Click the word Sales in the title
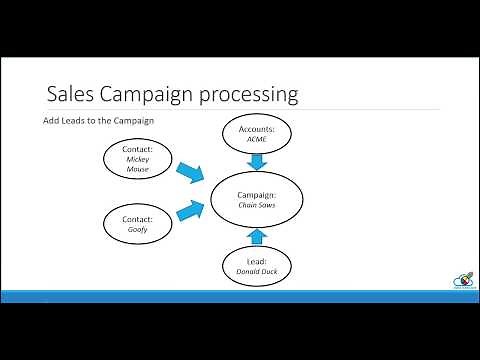tap(70, 95)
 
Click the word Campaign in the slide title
tap(143, 95)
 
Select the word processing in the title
tap(247, 96)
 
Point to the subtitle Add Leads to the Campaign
tap(98, 122)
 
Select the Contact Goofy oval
tap(138, 223)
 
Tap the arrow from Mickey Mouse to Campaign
tap(189, 176)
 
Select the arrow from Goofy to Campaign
tap(190, 211)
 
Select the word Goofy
tap(138, 229)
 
